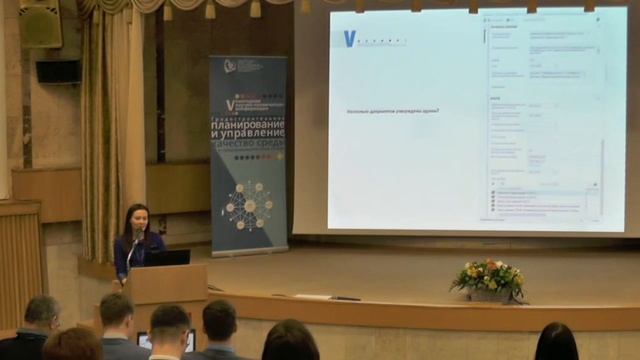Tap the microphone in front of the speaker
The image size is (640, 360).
click(x=137, y=238)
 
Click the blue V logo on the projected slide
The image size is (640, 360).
click(x=349, y=38)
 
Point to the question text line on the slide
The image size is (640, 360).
click(x=392, y=110)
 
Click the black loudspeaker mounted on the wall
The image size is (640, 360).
click(x=58, y=71)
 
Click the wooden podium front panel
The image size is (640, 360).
click(x=165, y=286)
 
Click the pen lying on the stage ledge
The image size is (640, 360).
click(x=346, y=298)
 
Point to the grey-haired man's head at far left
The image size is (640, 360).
click(x=42, y=312)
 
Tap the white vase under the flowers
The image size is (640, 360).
click(x=490, y=295)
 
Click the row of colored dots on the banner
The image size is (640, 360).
click(x=248, y=156)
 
